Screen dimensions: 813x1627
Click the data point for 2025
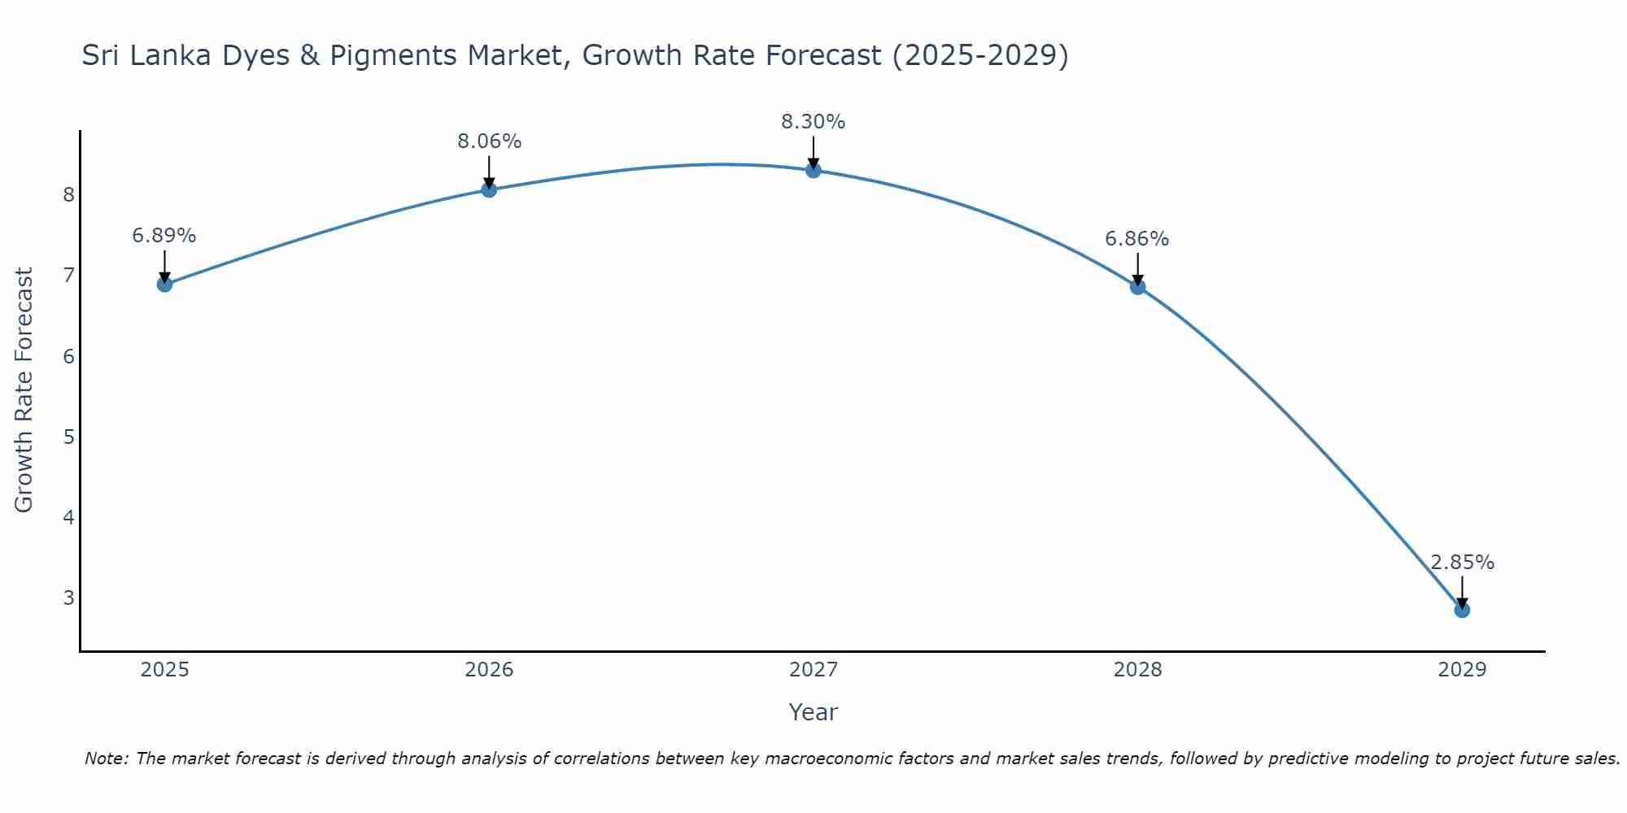click(x=164, y=284)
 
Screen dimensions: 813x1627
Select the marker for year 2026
click(x=489, y=189)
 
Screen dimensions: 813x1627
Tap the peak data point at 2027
click(x=813, y=170)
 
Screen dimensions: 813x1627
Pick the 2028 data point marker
click(x=1137, y=286)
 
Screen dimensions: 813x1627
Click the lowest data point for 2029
click(x=1462, y=610)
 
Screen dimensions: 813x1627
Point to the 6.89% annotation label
click(x=164, y=236)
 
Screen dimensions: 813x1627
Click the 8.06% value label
click(x=489, y=141)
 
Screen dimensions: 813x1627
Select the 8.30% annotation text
click(x=813, y=122)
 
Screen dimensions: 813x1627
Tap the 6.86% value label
click(x=1137, y=239)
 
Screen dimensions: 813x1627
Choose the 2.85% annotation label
click(x=1462, y=563)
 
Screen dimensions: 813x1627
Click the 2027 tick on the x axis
click(x=813, y=670)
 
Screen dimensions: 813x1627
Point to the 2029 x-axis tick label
click(x=1462, y=670)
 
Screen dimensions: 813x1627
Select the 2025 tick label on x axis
click(x=164, y=670)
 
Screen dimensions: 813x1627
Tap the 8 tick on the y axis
click(x=68, y=194)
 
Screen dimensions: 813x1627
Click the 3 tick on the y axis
click(x=68, y=598)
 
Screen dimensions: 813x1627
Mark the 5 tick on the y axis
click(x=68, y=437)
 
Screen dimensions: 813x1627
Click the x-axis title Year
click(x=813, y=712)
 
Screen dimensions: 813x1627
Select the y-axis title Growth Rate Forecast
click(x=24, y=390)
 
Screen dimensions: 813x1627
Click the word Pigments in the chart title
click(x=392, y=55)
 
